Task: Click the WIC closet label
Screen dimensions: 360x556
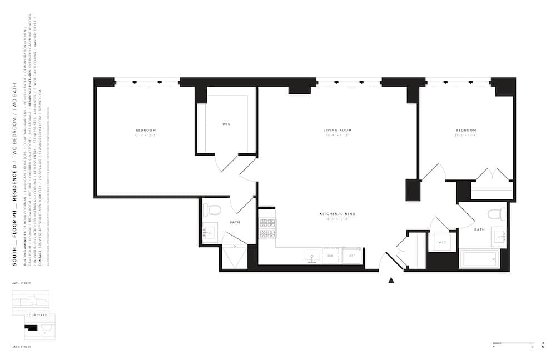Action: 226,124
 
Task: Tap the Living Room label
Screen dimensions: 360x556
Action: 337,131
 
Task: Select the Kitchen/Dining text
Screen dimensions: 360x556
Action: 337,214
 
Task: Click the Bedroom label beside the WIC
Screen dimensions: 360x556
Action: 145,131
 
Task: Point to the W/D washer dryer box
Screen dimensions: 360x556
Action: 443,242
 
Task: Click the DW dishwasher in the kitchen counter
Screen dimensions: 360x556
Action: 330,256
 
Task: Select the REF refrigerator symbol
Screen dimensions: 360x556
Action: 351,256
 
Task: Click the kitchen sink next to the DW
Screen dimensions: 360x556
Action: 311,256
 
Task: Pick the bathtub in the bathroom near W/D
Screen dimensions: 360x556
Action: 479,258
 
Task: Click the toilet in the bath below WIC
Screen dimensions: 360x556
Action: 212,209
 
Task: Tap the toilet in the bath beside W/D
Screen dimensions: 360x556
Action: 497,214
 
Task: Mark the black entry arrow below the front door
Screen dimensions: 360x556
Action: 391,280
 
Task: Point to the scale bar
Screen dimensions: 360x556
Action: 513,342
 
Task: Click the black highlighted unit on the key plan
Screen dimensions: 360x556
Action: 31,328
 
